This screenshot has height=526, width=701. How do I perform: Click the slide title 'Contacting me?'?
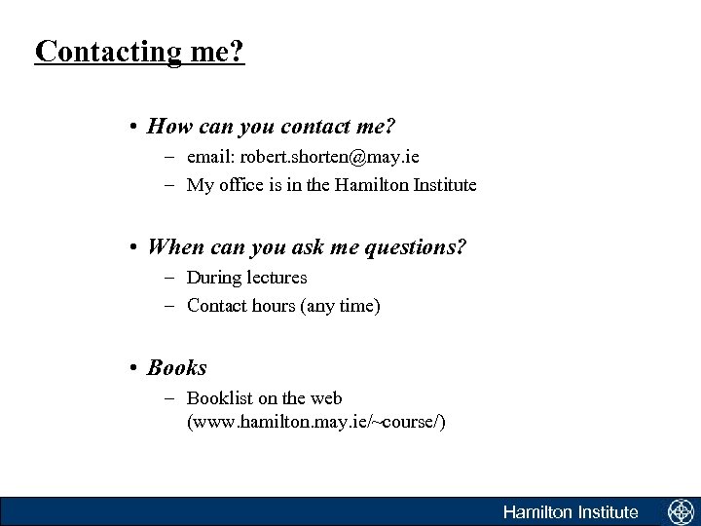[x=139, y=51]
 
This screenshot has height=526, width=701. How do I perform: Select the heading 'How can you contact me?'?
[x=272, y=126]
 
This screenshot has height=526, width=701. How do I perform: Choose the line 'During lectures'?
[x=246, y=278]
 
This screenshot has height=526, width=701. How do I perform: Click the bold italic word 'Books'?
[x=177, y=367]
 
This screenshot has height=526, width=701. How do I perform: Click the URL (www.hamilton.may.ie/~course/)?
[x=316, y=423]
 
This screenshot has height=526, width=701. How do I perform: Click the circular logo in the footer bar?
[x=679, y=512]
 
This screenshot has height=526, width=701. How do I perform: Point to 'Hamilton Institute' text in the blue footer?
[x=571, y=512]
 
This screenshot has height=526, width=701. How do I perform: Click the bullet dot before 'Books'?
[x=132, y=368]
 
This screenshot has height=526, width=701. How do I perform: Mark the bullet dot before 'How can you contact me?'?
[x=132, y=127]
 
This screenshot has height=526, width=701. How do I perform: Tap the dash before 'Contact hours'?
[x=168, y=306]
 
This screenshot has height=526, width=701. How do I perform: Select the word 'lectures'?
[x=277, y=278]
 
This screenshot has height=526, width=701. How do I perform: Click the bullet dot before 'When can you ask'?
[x=132, y=247]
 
